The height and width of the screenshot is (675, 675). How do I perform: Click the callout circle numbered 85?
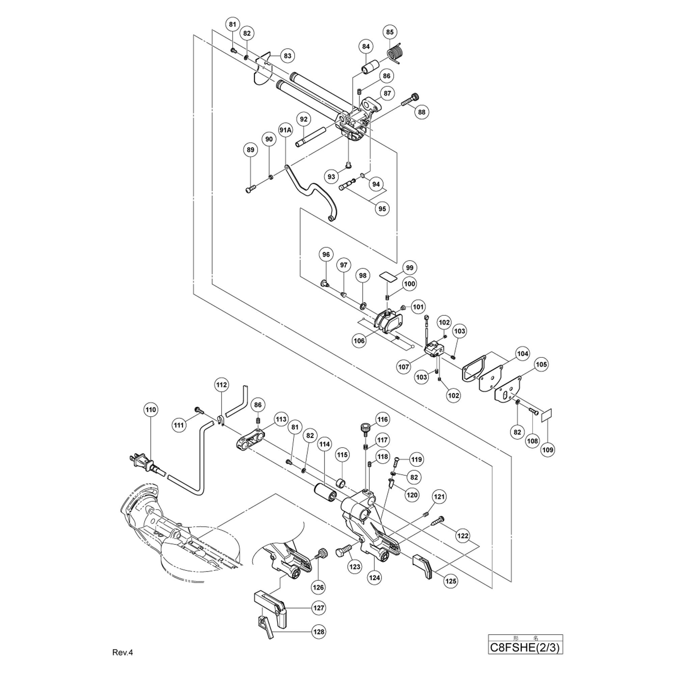[389, 32]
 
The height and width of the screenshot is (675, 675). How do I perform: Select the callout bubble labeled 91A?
[286, 130]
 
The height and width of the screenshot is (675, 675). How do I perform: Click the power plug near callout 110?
[146, 464]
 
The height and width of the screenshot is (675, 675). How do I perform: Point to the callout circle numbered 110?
[151, 409]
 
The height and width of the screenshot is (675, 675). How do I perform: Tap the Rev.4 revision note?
[123, 652]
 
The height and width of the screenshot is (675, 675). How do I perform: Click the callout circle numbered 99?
[409, 268]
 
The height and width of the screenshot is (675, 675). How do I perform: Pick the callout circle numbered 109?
[547, 450]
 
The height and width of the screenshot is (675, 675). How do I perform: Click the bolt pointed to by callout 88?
[410, 100]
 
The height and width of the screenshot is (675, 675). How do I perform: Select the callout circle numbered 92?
[304, 119]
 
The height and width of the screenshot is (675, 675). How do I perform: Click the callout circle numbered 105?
[541, 364]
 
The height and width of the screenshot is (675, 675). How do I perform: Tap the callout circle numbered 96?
[326, 254]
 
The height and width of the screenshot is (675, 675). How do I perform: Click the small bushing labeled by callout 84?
[370, 67]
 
